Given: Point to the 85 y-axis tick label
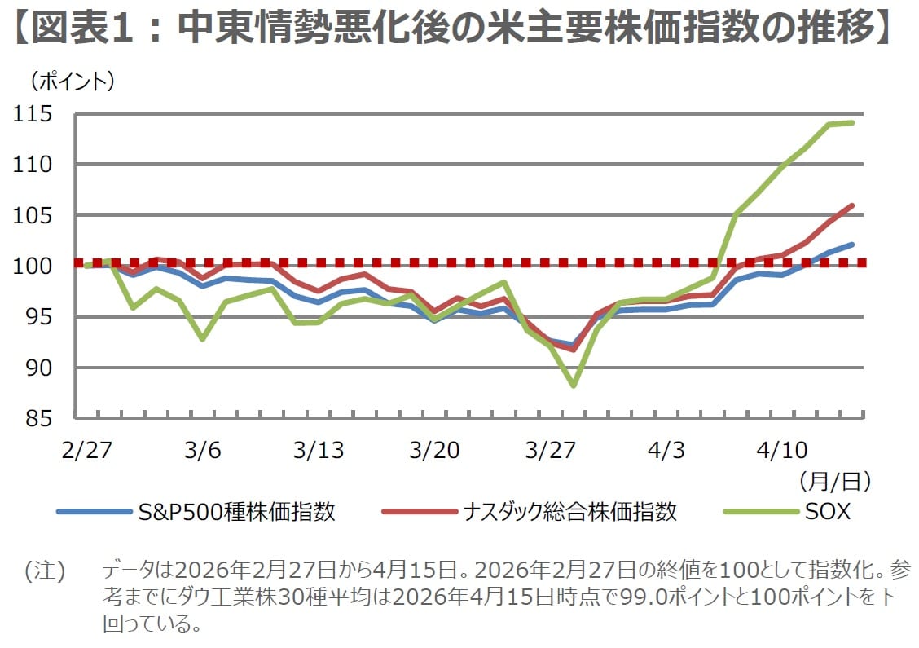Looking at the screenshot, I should (x=38, y=418).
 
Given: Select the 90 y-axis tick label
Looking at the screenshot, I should (x=38, y=368).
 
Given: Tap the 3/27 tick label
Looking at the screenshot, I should (x=552, y=450).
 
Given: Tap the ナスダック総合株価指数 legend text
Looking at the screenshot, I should (x=570, y=512).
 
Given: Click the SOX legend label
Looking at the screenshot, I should (x=827, y=512).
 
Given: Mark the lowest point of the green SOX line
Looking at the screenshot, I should (x=574, y=386).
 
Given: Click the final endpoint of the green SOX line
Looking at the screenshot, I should (x=852, y=123).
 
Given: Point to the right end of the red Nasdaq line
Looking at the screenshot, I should (x=852, y=205).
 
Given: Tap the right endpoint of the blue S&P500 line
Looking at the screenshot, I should (x=852, y=244).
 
